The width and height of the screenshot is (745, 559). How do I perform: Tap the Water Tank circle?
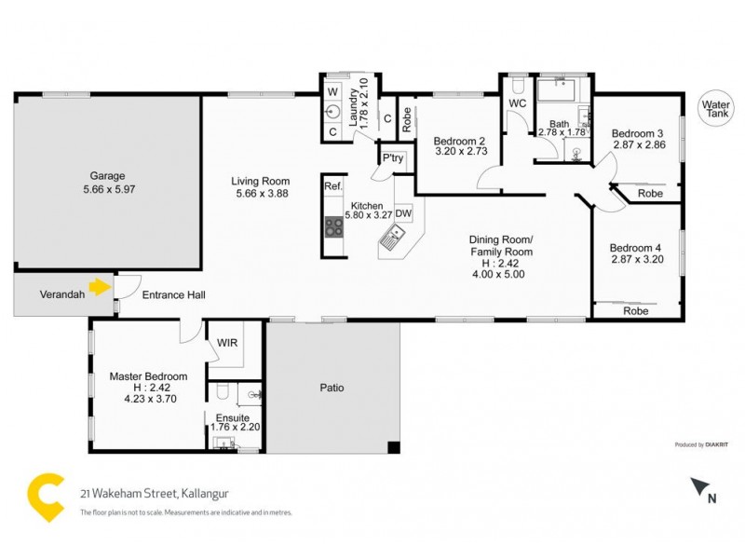pyautogui.click(x=716, y=109)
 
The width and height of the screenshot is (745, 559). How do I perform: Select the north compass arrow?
pyautogui.click(x=698, y=487)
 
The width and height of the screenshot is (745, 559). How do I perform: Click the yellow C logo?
pyautogui.click(x=43, y=493)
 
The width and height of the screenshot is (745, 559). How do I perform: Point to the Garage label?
pyautogui.click(x=107, y=175)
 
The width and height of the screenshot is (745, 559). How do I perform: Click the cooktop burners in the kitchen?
pyautogui.click(x=334, y=225)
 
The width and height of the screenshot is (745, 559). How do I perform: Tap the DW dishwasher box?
pyautogui.click(x=403, y=213)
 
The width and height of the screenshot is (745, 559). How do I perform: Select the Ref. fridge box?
pyautogui.click(x=333, y=186)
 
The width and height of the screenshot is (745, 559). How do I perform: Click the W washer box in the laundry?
pyautogui.click(x=332, y=91)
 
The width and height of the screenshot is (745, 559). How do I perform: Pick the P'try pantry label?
pyautogui.click(x=392, y=159)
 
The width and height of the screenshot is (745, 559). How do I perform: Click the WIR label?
pyautogui.click(x=227, y=343)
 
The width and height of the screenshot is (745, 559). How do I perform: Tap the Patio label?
pyautogui.click(x=332, y=388)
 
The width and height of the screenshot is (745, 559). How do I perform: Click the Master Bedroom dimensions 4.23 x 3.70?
pyautogui.click(x=148, y=398)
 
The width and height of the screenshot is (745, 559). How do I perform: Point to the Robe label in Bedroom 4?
pyautogui.click(x=636, y=311)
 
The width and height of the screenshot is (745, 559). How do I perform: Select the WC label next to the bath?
pyautogui.click(x=518, y=103)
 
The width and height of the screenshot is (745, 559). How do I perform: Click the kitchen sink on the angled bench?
pyautogui.click(x=391, y=245)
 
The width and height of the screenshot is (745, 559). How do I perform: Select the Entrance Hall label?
pyautogui.click(x=173, y=295)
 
